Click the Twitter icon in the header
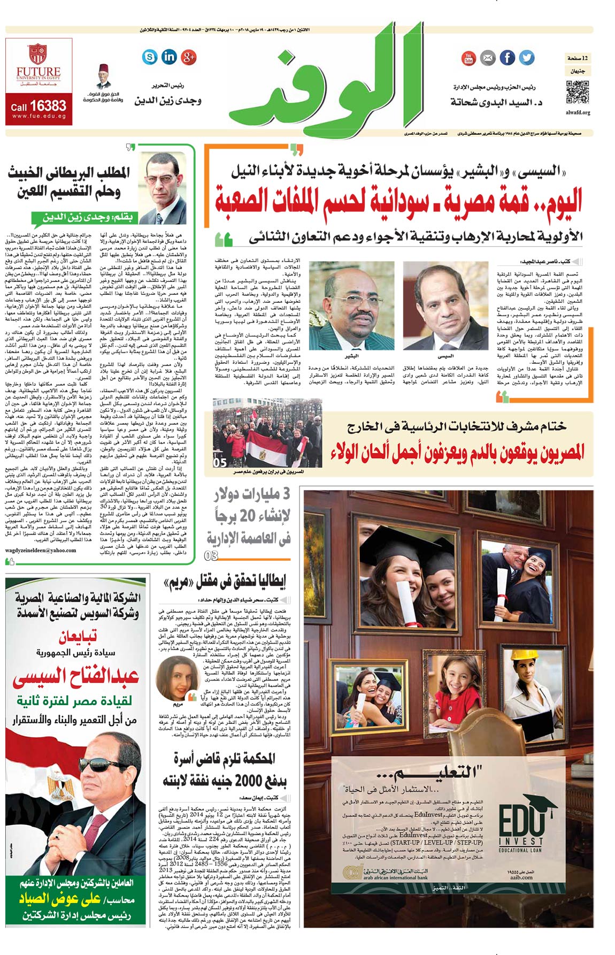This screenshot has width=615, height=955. point(527,57)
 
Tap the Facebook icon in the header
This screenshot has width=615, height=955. point(507,57)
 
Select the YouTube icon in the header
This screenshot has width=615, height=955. point(468,58)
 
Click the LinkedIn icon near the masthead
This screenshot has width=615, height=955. point(169,56)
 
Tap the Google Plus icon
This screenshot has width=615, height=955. point(189,57)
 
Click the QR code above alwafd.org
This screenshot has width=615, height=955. point(578,93)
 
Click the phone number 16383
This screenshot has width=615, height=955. point(48,105)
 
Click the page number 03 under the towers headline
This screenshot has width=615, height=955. point(211,556)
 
